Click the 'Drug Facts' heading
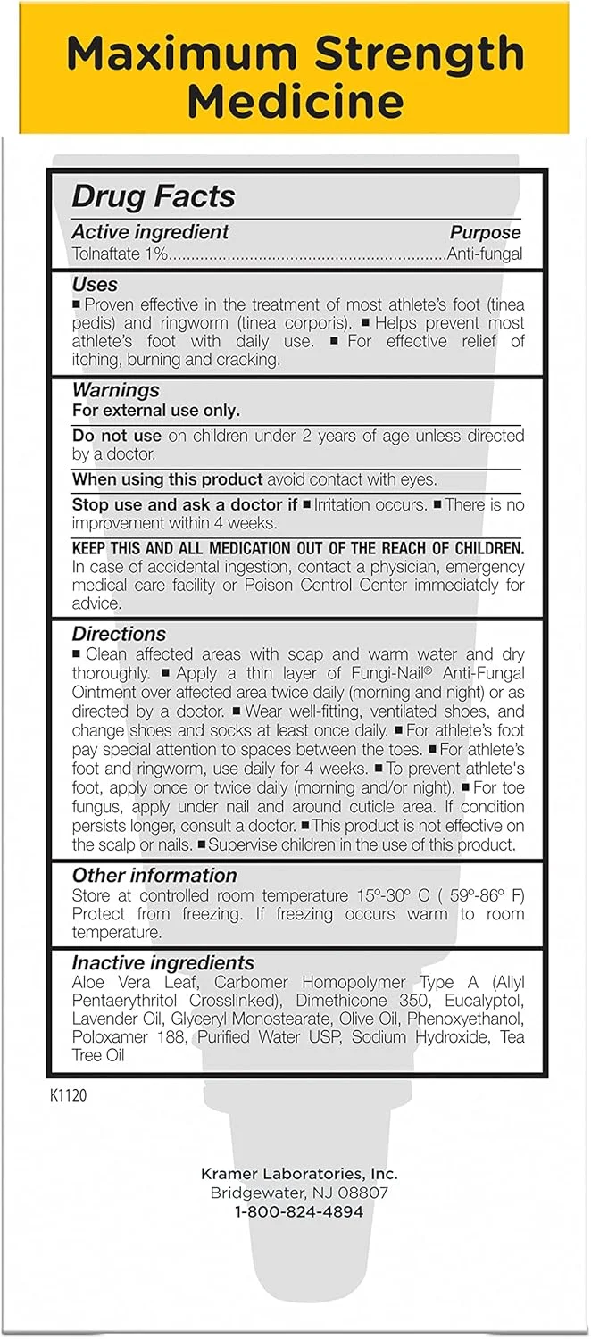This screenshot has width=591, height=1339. pyautogui.click(x=153, y=196)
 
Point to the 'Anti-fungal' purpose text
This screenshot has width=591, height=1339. pyautogui.click(x=485, y=254)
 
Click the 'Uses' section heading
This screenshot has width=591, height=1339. pyautogui.click(x=95, y=285)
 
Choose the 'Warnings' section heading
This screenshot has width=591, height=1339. pyautogui.click(x=116, y=390)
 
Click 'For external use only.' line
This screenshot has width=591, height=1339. pyautogui.click(x=156, y=411)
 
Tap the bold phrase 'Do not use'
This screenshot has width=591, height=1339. pyautogui.click(x=117, y=436)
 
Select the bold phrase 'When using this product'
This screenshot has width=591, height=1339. pyautogui.click(x=168, y=479)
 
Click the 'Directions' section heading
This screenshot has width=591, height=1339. pyautogui.click(x=119, y=634)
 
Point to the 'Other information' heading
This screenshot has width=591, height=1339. pyautogui.click(x=154, y=875)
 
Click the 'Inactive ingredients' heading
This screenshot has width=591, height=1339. pyautogui.click(x=163, y=963)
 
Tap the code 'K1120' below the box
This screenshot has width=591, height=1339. pyautogui.click(x=69, y=1094)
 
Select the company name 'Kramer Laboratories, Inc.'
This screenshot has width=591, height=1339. pyautogui.click(x=298, y=1174)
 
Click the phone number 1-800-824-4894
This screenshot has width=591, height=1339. pyautogui.click(x=298, y=1211)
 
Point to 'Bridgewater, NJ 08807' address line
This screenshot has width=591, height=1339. pyautogui.click(x=298, y=1193)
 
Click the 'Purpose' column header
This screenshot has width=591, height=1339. pyautogui.click(x=485, y=232)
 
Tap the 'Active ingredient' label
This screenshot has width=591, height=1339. pyautogui.click(x=151, y=232)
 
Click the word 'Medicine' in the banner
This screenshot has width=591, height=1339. pyautogui.click(x=294, y=102)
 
